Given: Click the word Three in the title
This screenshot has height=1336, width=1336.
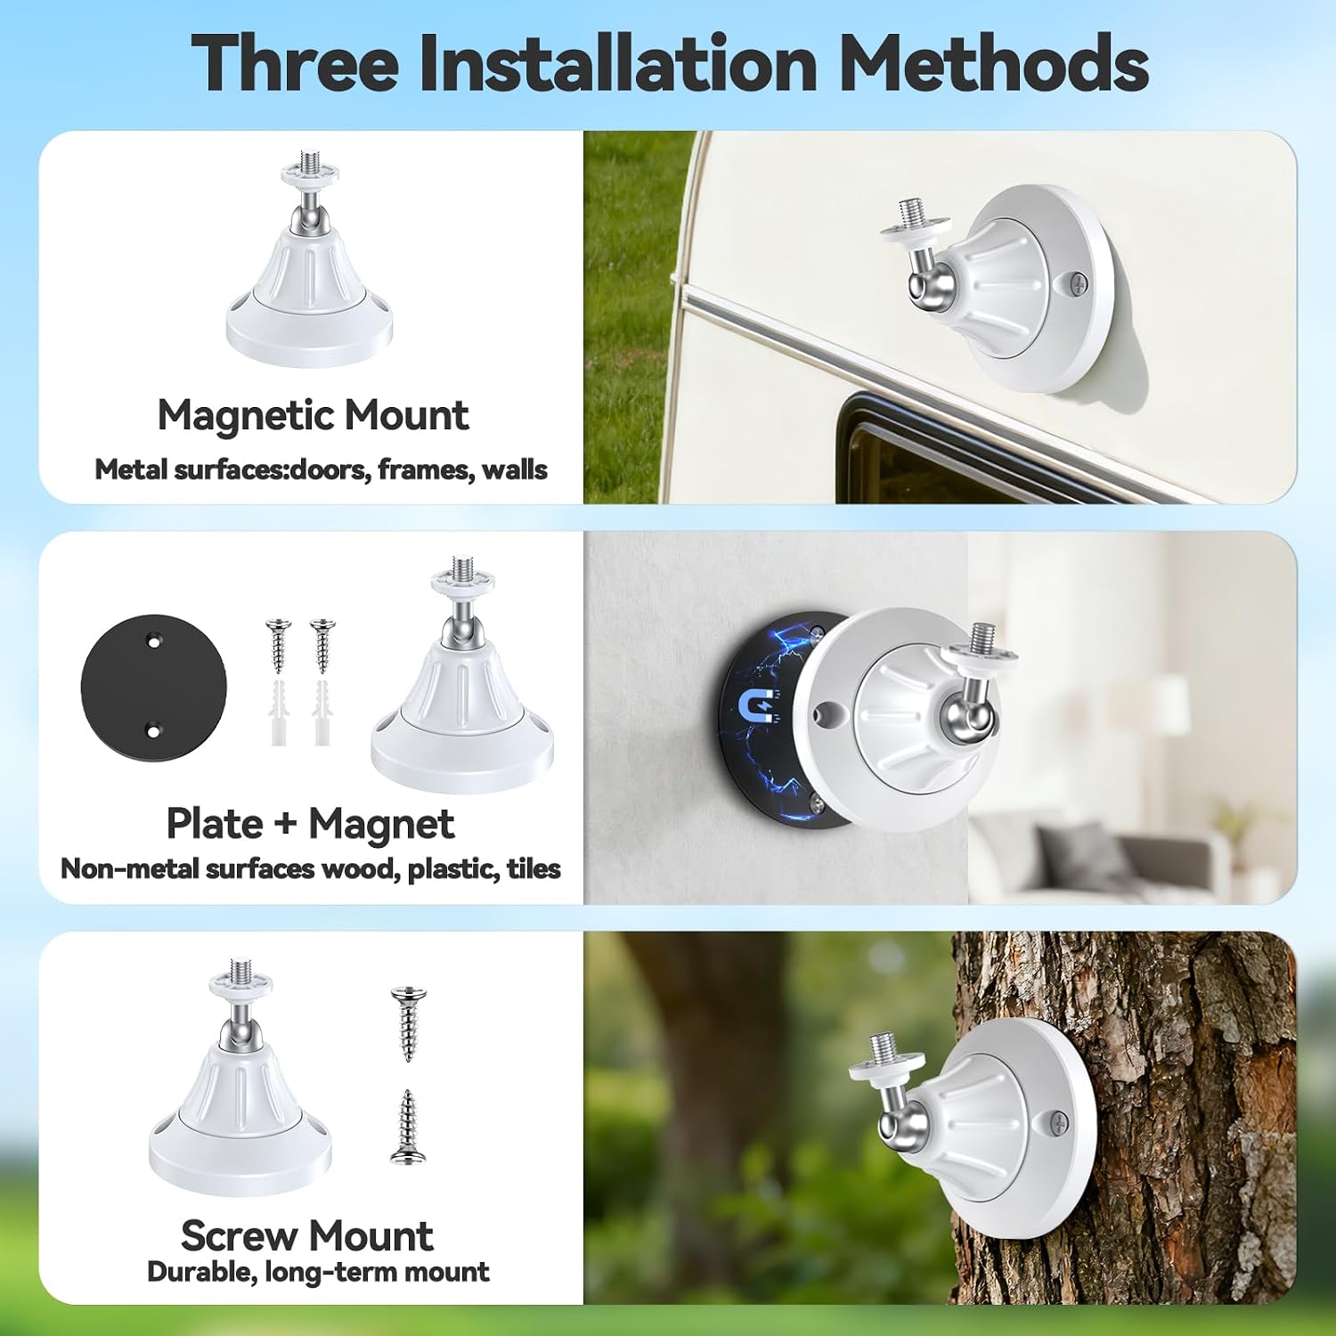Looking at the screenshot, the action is (x=295, y=63).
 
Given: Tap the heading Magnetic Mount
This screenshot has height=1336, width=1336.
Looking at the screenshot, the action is (x=313, y=415).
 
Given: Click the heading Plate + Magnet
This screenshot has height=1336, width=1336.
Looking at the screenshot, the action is (x=310, y=824).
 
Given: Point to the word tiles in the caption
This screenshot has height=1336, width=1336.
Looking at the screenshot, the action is (x=534, y=868).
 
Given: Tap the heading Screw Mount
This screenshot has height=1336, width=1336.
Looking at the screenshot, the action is (x=307, y=1236).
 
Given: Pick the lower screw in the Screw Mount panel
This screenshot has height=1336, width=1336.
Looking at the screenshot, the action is (x=408, y=1127).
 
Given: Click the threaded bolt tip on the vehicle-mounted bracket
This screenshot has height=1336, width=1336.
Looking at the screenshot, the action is (x=908, y=214).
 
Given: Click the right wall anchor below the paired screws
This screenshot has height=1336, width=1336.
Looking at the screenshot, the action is (x=322, y=713).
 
